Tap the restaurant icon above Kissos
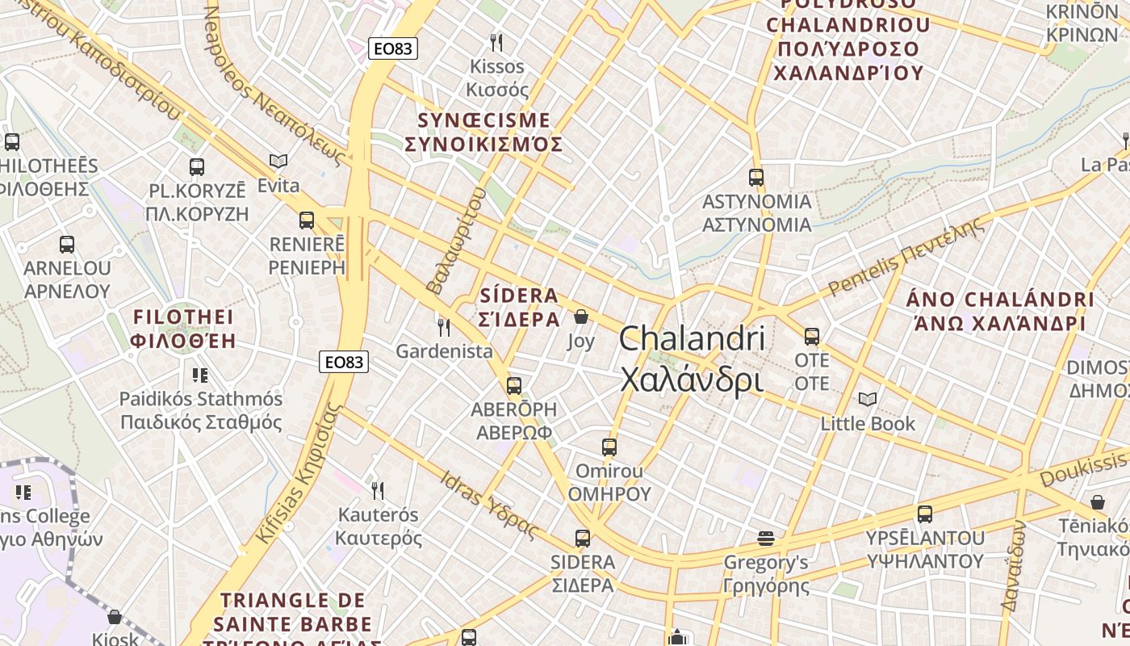pyautogui.click(x=496, y=42)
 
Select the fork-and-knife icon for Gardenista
pyautogui.click(x=443, y=327)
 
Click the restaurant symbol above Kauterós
pyautogui.click(x=377, y=490)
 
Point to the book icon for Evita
pyautogui.click(x=278, y=161)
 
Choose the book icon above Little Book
pyautogui.click(x=868, y=399)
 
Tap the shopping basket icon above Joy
pyautogui.click(x=580, y=317)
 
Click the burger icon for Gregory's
pyautogui.click(x=765, y=538)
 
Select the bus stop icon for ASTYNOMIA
pyautogui.click(x=756, y=177)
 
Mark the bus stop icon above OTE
pyautogui.click(x=812, y=336)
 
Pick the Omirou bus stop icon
pyautogui.click(x=609, y=447)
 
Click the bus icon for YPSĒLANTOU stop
pyautogui.click(x=925, y=514)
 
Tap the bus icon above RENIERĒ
pyautogui.click(x=307, y=220)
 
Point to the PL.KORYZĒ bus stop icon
pyautogui.click(x=197, y=167)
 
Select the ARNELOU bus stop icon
pyautogui.click(x=67, y=244)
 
